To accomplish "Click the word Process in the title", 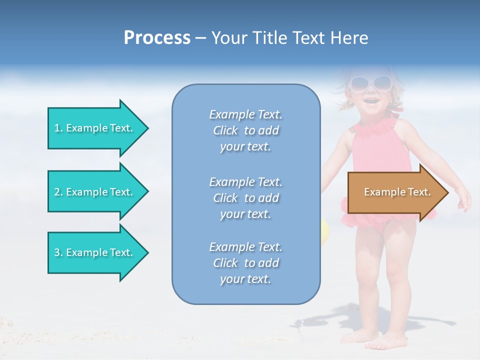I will pyautogui.click(x=157, y=38).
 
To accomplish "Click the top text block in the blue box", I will pyautogui.click(x=245, y=130).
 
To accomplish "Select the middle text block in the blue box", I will pyautogui.click(x=245, y=197).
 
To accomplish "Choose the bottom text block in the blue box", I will pyautogui.click(x=245, y=263).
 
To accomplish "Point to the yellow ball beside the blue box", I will pyautogui.click(x=324, y=230).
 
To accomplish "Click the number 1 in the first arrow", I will pyautogui.click(x=57, y=128).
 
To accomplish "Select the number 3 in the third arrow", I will pyautogui.click(x=57, y=252).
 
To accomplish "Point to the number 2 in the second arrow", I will pyautogui.click(x=57, y=192).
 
